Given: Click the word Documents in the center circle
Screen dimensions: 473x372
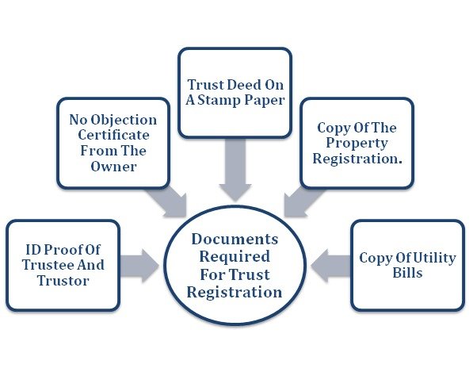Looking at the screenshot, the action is [235, 240].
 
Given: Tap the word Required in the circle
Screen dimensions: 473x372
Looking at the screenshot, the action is [235, 257].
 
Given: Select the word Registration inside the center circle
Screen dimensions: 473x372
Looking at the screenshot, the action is [235, 293].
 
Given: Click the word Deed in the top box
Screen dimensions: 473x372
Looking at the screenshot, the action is [244, 85].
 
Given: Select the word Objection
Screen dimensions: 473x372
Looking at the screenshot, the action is [124, 121].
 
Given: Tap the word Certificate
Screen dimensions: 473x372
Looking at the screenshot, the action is [114, 135].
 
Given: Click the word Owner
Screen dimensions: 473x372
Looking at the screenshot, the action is [114, 167].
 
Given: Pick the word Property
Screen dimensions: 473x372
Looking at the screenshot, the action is [357, 144].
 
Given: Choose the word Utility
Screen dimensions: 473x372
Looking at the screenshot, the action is [434, 259].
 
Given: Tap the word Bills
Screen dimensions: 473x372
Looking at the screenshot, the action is [407, 273].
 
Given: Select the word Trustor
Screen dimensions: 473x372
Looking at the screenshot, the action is [63, 281].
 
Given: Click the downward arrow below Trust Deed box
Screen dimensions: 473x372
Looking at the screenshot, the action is [235, 170].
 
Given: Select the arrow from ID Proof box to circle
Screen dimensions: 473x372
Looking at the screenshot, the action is [139, 266].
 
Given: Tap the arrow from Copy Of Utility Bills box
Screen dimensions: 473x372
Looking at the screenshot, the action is [330, 266].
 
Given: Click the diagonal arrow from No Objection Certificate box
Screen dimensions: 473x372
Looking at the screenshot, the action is [168, 201].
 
